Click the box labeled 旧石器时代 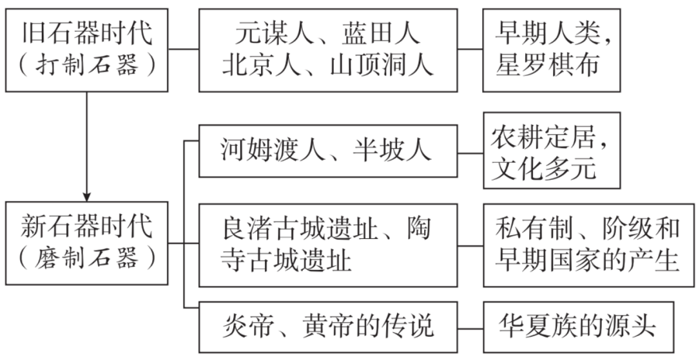click(x=87, y=50)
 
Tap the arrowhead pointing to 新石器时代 click(x=87, y=195)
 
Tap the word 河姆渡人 click(x=271, y=151)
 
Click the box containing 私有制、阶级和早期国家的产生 click(x=588, y=244)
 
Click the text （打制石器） click(x=87, y=66)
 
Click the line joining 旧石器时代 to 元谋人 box click(x=184, y=50)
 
